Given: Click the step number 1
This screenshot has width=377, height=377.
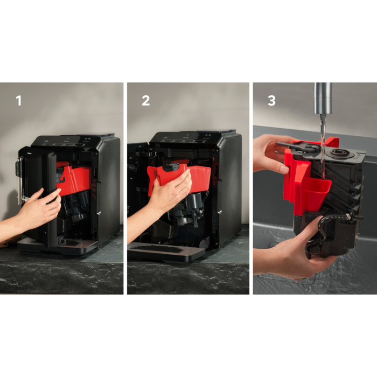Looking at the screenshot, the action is (19, 101).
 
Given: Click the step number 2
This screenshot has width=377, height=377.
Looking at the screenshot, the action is (146, 101).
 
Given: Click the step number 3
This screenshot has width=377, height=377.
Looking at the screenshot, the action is (271, 101).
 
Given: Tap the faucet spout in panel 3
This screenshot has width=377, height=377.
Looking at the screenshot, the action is (323, 98).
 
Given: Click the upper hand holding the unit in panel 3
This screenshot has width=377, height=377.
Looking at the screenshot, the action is (273, 154).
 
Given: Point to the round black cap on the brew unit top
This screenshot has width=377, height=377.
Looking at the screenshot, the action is (338, 152).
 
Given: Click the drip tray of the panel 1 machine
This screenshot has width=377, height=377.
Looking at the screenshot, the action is (58, 247).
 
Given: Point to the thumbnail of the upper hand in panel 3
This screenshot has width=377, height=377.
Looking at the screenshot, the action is (284, 170).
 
